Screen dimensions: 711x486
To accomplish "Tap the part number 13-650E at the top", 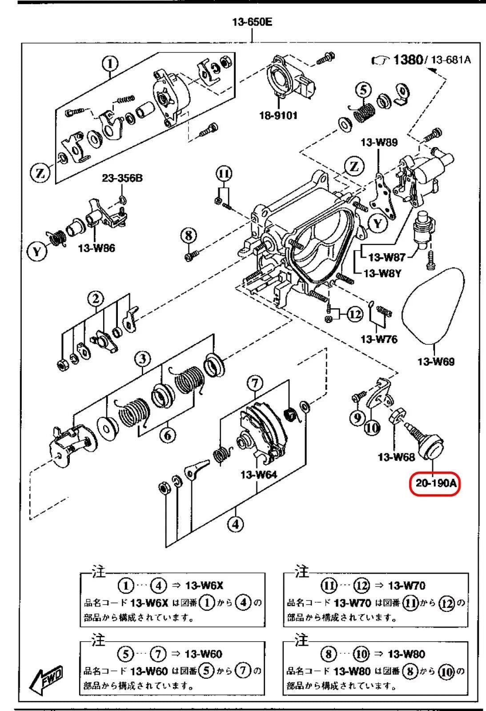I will pyautogui.click(x=252, y=22).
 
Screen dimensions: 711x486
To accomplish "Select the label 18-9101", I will pyautogui.click(x=278, y=116).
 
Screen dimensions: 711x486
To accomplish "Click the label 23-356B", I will pyautogui.click(x=122, y=178).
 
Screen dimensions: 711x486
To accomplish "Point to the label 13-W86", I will pyautogui.click(x=96, y=248).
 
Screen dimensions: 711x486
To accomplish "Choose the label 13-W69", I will pyautogui.click(x=436, y=361).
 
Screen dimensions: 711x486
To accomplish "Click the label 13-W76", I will pyautogui.click(x=379, y=339).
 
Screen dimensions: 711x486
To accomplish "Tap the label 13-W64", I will pyautogui.click(x=258, y=475).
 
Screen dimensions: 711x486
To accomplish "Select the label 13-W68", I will pyautogui.click(x=396, y=456).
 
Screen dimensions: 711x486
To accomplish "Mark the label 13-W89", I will pyautogui.click(x=379, y=142).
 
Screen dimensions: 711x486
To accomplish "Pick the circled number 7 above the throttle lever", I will pyautogui.click(x=254, y=383).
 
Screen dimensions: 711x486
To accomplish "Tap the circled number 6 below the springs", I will pyautogui.click(x=168, y=435).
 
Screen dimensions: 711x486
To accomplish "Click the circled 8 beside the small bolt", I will pyautogui.click(x=189, y=235).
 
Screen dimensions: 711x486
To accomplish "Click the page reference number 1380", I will pyautogui.click(x=407, y=59).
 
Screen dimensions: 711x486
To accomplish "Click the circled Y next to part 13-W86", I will pyautogui.click(x=37, y=252).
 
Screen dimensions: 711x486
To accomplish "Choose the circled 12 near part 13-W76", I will pyautogui.click(x=354, y=315).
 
